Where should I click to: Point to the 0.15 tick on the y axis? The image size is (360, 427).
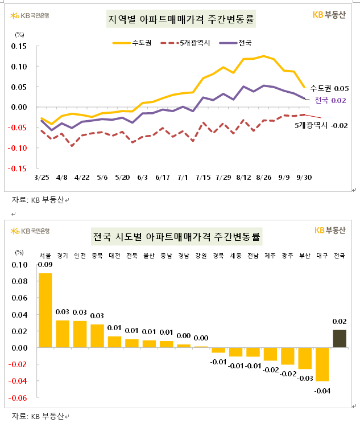(x=20, y=46)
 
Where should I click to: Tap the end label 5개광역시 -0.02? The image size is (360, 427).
(x=325, y=125)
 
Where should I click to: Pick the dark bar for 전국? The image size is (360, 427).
(x=340, y=338)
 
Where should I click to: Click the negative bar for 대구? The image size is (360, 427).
(x=322, y=364)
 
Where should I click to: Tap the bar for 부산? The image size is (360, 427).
(x=305, y=358)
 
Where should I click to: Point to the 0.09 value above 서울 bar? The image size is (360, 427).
(x=45, y=264)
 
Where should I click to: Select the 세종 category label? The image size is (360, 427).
(x=235, y=256)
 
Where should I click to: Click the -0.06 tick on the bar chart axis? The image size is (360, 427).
(x=19, y=398)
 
